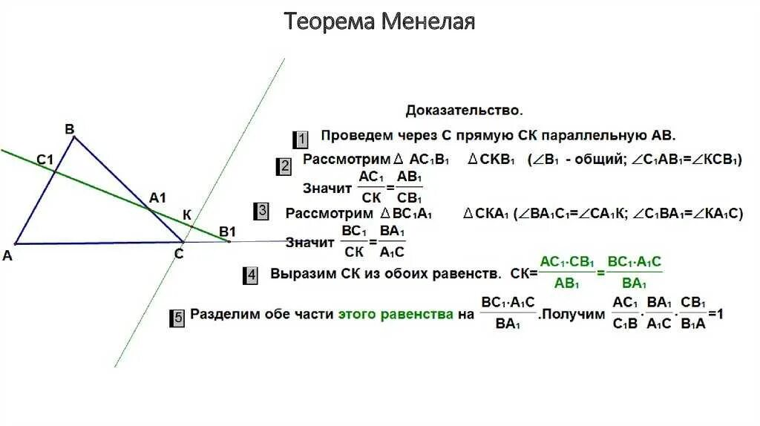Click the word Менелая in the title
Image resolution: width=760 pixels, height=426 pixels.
[x=428, y=22]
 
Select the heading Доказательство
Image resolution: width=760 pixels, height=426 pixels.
[x=464, y=111]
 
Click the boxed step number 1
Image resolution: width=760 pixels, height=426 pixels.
[x=301, y=139]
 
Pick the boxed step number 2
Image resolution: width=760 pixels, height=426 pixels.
[x=285, y=166]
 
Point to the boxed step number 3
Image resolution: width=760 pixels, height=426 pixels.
[x=262, y=212]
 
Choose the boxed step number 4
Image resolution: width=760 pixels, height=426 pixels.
[x=252, y=275]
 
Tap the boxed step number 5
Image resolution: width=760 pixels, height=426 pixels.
[x=178, y=318]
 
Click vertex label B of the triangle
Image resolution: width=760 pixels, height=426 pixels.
[x=70, y=130]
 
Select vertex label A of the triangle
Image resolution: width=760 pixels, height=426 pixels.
[x=7, y=255]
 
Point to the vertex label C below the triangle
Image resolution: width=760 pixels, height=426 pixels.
[x=179, y=254]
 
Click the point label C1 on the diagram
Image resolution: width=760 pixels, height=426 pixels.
[x=45, y=159]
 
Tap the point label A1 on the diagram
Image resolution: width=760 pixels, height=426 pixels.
[x=157, y=197]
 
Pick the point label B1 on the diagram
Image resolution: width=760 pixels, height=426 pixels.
[x=227, y=231]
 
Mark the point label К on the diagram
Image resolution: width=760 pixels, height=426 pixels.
[x=187, y=215]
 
